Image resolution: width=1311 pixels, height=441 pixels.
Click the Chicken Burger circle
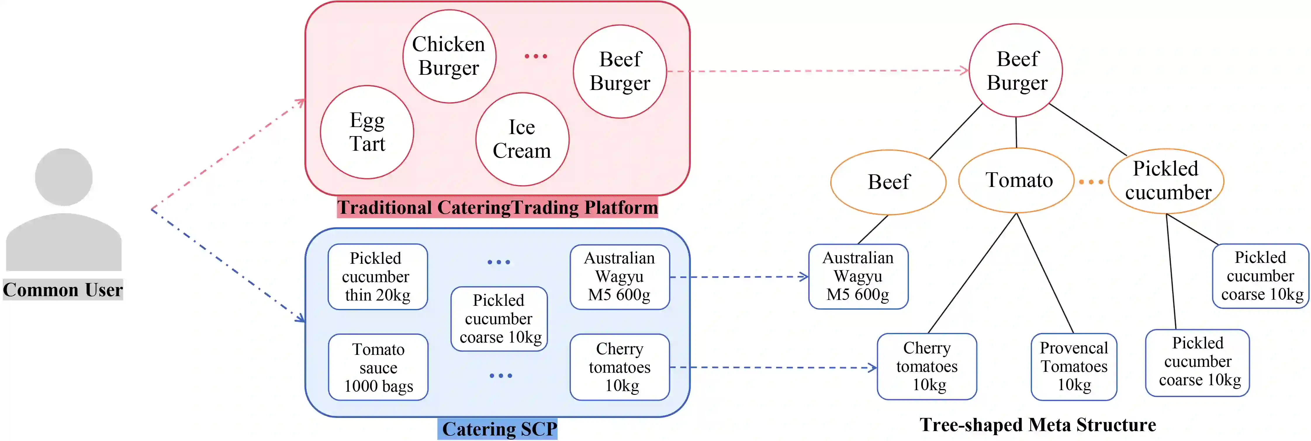pos(449,56)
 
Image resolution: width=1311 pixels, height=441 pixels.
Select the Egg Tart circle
pos(367,132)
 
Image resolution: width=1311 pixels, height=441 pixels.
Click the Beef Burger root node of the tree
pos(1016,71)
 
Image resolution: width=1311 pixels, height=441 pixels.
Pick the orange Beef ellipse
pos(889,182)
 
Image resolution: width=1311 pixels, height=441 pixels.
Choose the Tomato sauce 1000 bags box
pos(378,367)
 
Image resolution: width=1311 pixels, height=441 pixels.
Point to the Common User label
pos(63,289)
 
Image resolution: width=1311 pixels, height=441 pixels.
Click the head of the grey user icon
pos(64,177)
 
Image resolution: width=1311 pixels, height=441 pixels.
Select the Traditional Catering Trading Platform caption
pos(497,208)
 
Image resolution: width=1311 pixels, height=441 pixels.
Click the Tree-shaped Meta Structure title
pos(1038,425)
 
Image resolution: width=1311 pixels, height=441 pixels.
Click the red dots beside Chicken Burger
pos(536,56)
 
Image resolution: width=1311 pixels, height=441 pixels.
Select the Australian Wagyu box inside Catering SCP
pos(619,277)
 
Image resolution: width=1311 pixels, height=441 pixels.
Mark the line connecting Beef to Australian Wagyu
pos(873,229)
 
